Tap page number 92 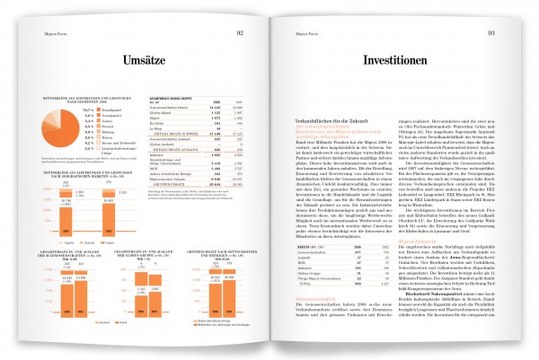pyautogui.click(x=241, y=32)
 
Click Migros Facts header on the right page pyautogui.click(x=296, y=32)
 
